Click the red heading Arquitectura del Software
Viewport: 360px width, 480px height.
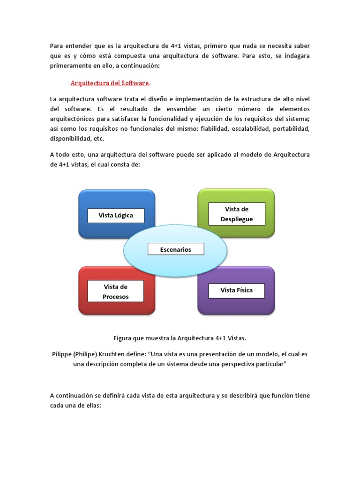tap(110, 83)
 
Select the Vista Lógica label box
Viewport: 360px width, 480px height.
tap(116, 216)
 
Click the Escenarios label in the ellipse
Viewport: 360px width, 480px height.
tap(176, 249)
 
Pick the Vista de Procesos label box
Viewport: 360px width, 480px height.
tap(116, 292)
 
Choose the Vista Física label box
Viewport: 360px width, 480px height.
tap(236, 291)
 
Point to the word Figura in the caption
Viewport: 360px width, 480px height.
tap(124, 338)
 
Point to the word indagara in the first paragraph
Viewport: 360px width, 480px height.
tap(296, 56)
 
